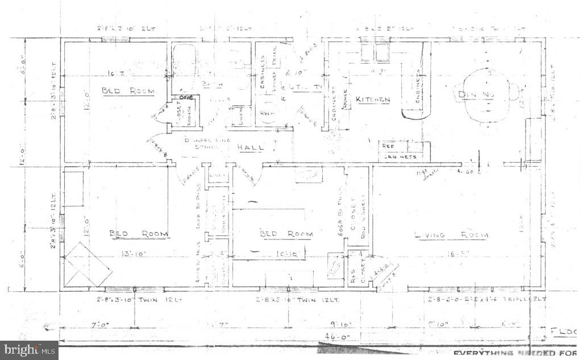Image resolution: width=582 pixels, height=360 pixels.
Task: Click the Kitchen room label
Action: coord(373,100)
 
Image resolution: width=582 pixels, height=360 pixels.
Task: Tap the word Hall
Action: coord(251,147)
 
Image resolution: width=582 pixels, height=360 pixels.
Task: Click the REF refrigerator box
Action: coord(389,146)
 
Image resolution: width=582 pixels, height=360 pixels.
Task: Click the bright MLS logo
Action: coord(28,350)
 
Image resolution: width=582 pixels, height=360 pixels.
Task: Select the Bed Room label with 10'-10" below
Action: coord(286,234)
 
